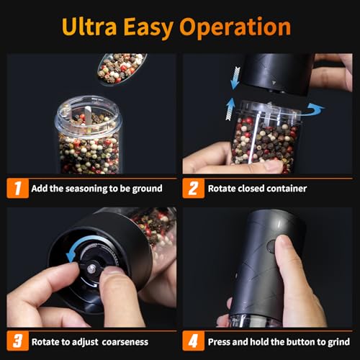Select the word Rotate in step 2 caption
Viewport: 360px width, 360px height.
223,189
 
